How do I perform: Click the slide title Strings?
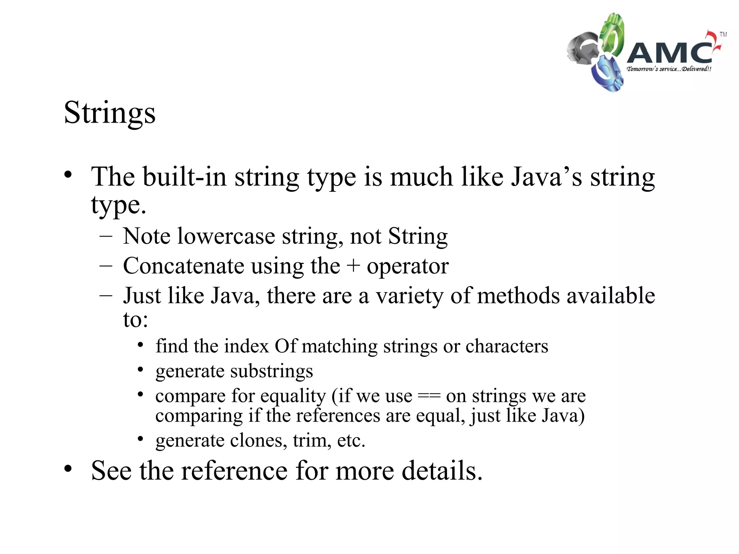(x=110, y=113)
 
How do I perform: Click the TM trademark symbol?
(x=723, y=35)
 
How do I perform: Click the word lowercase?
(x=226, y=237)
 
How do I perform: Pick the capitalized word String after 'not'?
(x=418, y=237)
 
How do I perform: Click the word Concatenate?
(x=184, y=266)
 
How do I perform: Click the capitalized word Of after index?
(x=285, y=346)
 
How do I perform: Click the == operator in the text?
(x=429, y=397)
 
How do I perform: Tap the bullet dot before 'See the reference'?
(x=68, y=469)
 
